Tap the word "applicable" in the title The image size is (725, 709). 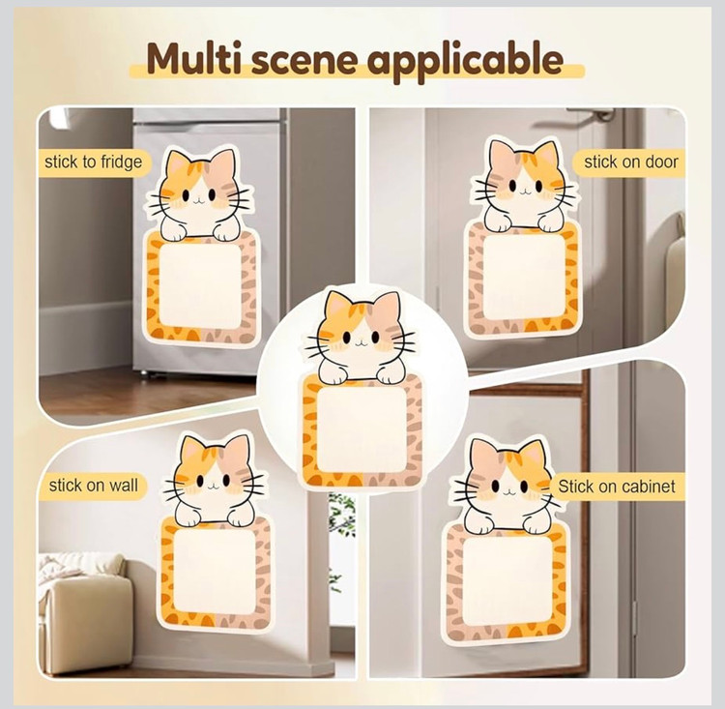[x=466, y=61]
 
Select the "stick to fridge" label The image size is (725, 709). [x=94, y=162]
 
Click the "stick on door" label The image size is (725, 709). [x=630, y=162]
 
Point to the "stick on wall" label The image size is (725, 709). [x=94, y=486]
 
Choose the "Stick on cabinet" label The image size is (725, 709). [x=617, y=487]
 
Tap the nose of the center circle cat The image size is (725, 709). [x=362, y=342]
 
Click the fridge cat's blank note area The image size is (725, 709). [x=200, y=286]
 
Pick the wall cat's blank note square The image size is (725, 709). [x=214, y=571]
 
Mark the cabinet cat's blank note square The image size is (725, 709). [x=507, y=579]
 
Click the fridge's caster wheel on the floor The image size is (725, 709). [x=146, y=373]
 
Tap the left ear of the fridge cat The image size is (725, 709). [x=177, y=165]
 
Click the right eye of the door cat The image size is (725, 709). [x=538, y=186]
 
